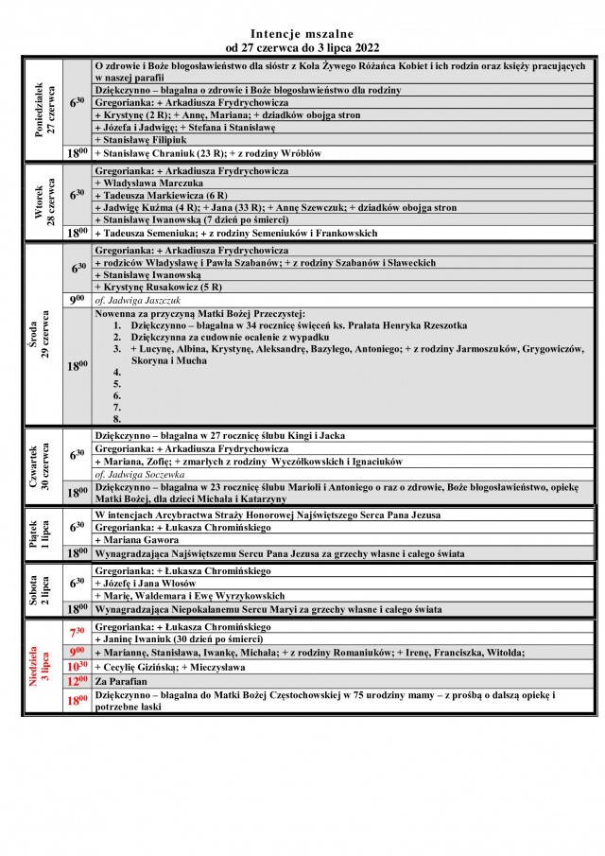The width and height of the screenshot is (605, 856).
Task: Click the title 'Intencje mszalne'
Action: [x=302, y=31]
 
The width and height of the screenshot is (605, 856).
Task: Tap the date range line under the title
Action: [x=302, y=45]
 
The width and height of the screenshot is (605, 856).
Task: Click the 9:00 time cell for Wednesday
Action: [x=78, y=300]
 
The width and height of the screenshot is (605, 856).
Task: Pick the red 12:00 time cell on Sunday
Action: [x=78, y=680]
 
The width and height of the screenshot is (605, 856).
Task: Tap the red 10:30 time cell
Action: [x=78, y=666]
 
